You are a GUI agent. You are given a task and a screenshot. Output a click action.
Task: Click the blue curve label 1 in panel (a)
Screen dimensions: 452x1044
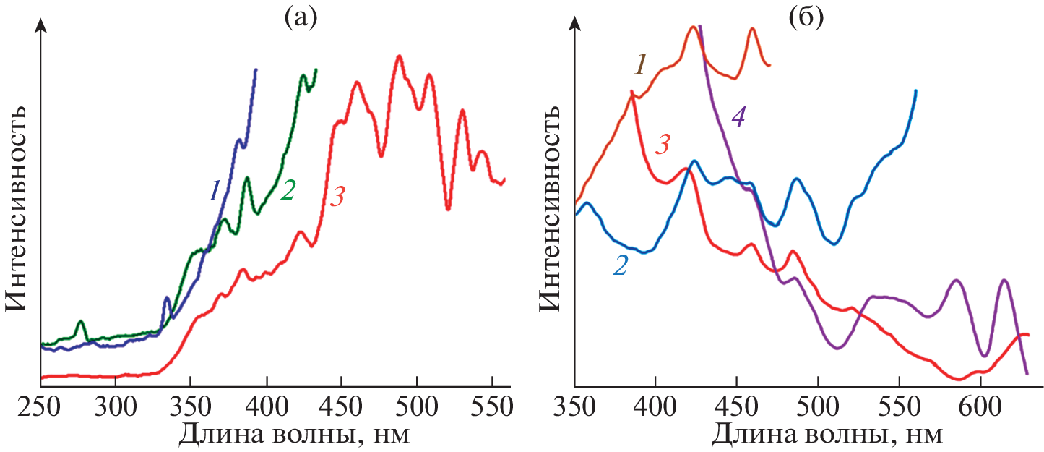(x=214, y=191)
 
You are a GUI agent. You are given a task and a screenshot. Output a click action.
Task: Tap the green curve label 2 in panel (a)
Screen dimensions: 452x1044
(x=288, y=191)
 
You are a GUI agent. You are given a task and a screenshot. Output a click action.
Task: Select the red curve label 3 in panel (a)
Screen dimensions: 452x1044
(x=338, y=197)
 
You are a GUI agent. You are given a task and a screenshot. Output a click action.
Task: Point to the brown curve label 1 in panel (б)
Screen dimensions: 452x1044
(x=640, y=64)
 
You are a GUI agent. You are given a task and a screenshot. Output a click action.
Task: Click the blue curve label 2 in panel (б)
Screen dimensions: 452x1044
(x=620, y=265)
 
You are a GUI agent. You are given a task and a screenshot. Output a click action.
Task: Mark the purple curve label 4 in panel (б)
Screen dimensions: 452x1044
(x=738, y=117)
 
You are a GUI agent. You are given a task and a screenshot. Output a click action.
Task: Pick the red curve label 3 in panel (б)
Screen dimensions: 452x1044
(x=663, y=145)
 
